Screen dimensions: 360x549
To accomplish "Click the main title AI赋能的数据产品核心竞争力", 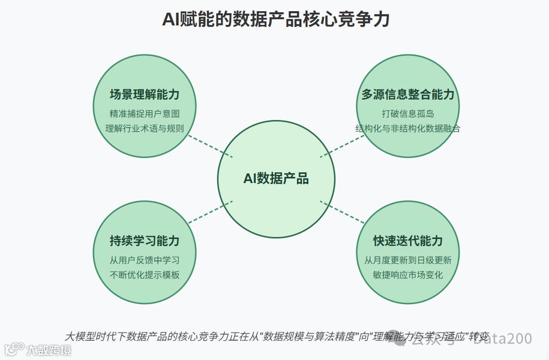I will point(276,20).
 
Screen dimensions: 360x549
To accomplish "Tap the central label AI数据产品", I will point(276,178).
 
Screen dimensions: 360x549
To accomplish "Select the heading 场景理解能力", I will point(145,95).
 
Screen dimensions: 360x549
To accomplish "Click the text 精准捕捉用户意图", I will point(145,113).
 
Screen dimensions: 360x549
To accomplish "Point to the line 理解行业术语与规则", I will point(145,128).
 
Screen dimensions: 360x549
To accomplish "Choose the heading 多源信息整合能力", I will point(408,95).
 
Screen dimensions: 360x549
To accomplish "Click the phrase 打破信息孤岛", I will point(408,113).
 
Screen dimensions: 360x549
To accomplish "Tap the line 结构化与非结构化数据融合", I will point(408,128).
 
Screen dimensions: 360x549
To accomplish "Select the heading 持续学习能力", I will point(145,241).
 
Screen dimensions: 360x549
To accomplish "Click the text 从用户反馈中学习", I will point(145,260).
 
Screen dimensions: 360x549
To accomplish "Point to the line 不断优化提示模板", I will point(145,275).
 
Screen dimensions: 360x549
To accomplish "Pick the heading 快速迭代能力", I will point(408,241).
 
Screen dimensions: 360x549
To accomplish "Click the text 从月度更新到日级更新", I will point(408,260).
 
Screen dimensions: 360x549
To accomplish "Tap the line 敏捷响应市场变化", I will point(408,275).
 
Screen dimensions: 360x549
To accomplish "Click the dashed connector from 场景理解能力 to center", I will point(210,146).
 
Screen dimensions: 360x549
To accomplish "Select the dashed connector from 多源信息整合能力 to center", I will point(342,146).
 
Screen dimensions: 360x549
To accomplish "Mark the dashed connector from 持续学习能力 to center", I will point(210,212).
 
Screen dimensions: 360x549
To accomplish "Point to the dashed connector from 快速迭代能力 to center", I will point(342,212).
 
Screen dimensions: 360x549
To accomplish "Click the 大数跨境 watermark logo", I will point(38,350).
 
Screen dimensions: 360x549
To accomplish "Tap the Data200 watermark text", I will point(503,339).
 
